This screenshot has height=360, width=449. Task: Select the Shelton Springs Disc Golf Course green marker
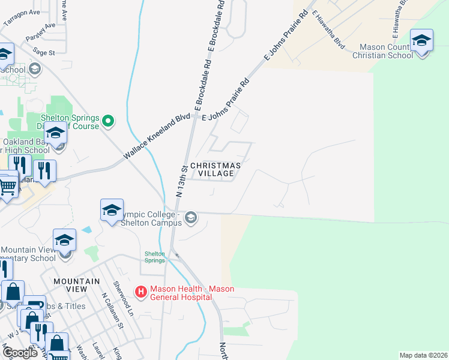click(x=108, y=121)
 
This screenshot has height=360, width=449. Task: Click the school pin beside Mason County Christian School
click(x=421, y=41)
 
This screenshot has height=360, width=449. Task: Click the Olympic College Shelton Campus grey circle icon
click(x=191, y=217)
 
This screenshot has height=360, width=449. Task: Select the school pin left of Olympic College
click(x=112, y=210)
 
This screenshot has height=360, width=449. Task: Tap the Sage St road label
click(x=44, y=52)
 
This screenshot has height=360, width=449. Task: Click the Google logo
click(x=20, y=353)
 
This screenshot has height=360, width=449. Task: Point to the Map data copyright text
click(x=423, y=355)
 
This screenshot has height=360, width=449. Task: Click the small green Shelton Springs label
click(x=154, y=257)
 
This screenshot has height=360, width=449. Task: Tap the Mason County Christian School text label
click(x=386, y=51)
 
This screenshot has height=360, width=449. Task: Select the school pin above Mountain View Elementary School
click(x=64, y=241)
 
